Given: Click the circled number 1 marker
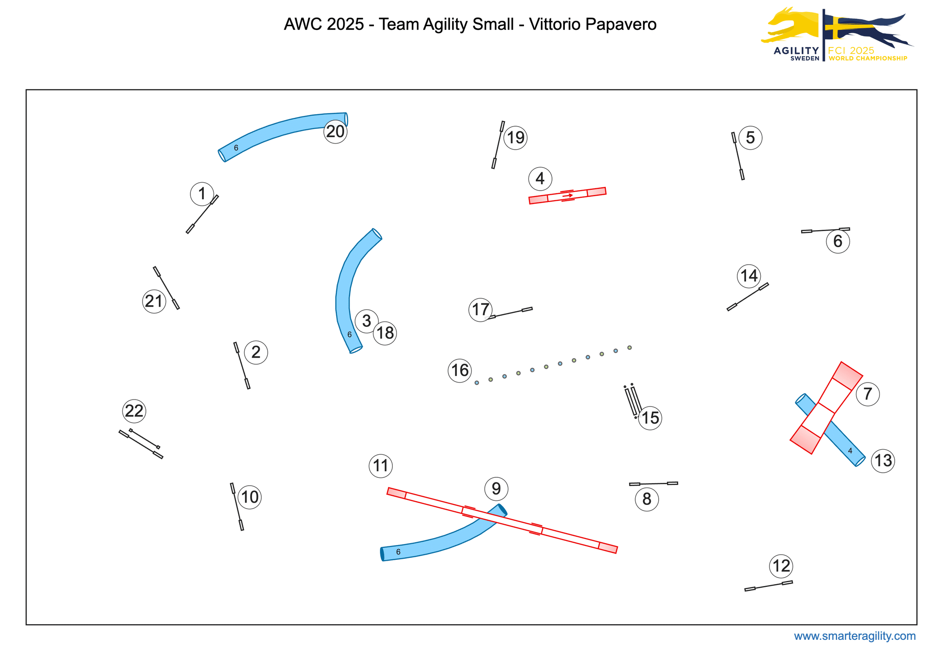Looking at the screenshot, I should pyautogui.click(x=202, y=194).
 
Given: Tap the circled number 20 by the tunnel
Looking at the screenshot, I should pyautogui.click(x=335, y=132).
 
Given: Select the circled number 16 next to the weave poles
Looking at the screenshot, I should pyautogui.click(x=460, y=371).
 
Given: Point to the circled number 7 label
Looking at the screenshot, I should pyautogui.click(x=867, y=394).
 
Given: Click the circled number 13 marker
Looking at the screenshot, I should pyautogui.click(x=883, y=460).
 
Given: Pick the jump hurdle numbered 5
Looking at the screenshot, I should pyautogui.click(x=738, y=156).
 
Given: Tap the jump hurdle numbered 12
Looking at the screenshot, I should pyautogui.click(x=768, y=586).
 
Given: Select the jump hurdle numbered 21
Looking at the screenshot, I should pyautogui.click(x=166, y=288).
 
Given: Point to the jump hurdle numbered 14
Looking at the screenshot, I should pyautogui.click(x=747, y=297).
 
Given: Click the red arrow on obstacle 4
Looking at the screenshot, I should pyautogui.click(x=568, y=196).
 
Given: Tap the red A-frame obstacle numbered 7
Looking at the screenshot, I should pyautogui.click(x=826, y=408).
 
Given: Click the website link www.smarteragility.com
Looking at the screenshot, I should pyautogui.click(x=855, y=636).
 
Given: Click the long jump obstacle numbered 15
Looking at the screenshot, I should pyautogui.click(x=633, y=401).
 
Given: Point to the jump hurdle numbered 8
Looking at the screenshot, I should pyautogui.click(x=653, y=483).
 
